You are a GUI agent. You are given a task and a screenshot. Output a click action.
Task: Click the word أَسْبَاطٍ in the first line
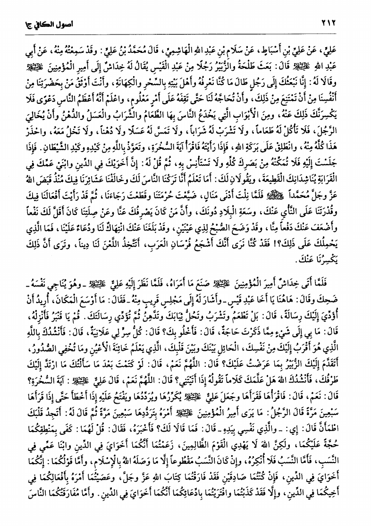coord(288,49)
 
